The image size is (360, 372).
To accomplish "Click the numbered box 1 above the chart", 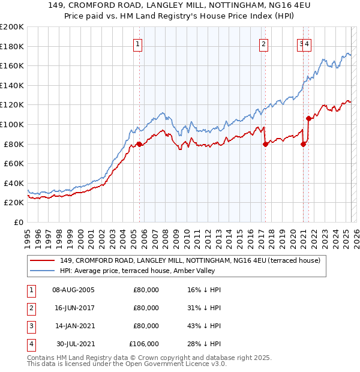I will (138, 43).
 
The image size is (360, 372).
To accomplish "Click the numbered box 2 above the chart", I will (263, 43).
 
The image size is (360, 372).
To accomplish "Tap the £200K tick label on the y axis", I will (12, 27).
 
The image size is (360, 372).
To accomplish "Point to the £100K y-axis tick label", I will (12, 124).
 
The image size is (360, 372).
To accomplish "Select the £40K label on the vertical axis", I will (14, 183).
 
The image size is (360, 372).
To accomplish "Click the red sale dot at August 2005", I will (139, 144).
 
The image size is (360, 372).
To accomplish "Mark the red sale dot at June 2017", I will (265, 144).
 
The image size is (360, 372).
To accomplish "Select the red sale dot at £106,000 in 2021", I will (308, 118).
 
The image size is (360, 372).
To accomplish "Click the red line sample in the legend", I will (42, 260).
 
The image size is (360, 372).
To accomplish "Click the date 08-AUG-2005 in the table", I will (73, 290).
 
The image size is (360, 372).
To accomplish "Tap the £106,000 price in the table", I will (144, 344).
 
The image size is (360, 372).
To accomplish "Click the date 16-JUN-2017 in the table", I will (73, 308).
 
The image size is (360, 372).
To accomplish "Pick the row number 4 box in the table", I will (29, 344).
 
